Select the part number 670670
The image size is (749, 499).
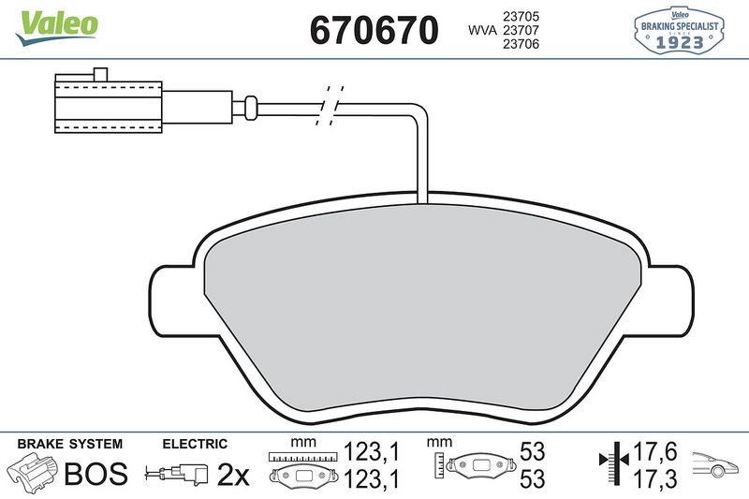pos(374,31)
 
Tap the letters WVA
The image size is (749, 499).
pos(482,31)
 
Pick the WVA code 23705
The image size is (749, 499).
pos(526,15)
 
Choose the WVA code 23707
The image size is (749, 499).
pos(526,31)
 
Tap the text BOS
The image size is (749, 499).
pos(95,475)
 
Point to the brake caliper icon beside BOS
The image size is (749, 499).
pos(31,474)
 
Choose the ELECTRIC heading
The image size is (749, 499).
pos(195,444)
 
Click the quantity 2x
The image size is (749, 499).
pos(233,476)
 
